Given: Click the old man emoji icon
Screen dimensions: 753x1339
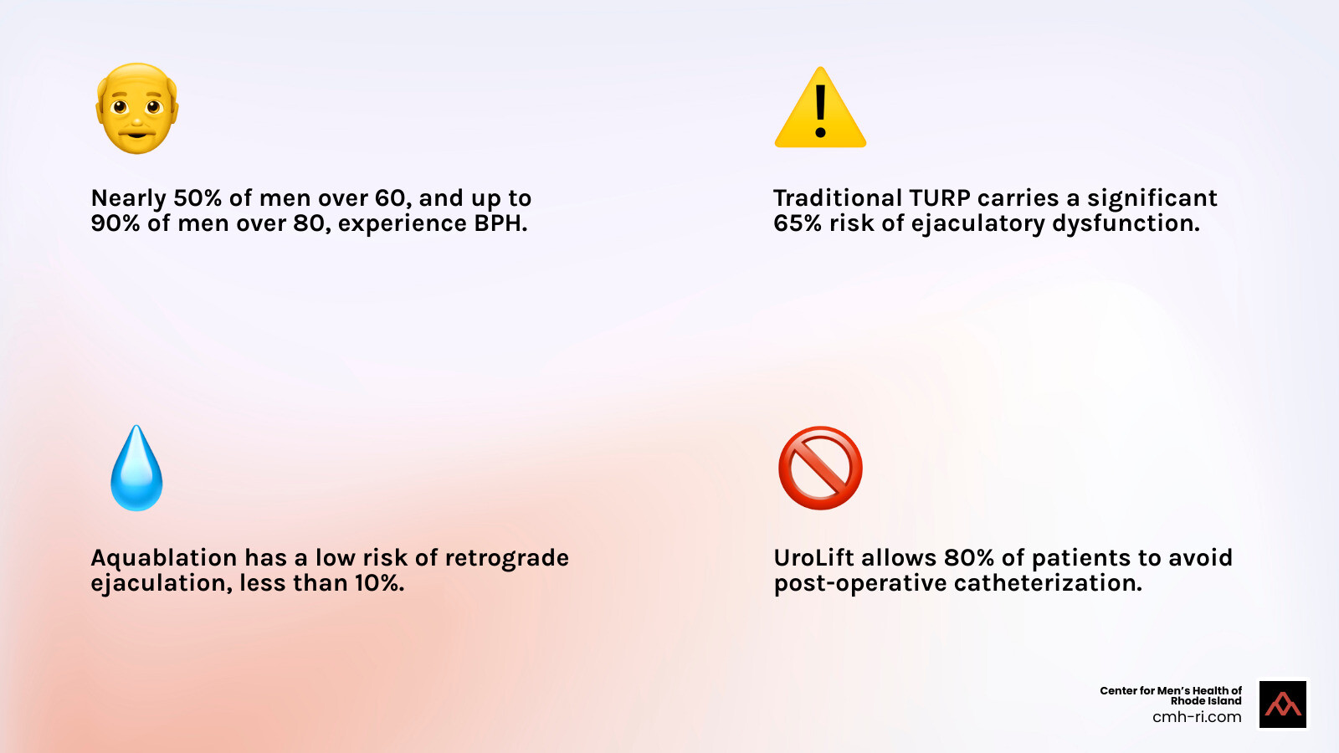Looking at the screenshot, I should coord(136,108).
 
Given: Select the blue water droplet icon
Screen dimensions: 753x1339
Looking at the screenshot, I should coord(136,469).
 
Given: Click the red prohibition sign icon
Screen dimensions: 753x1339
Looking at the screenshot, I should coord(820,468).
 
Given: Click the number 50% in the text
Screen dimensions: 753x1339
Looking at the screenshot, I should coord(198,198).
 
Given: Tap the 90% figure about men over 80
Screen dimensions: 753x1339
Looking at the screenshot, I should coord(115,223).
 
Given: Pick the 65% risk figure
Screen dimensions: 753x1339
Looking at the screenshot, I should coord(798,223).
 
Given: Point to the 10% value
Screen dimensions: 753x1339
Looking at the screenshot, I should coord(379,583).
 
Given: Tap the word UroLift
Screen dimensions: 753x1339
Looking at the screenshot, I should coord(813,558).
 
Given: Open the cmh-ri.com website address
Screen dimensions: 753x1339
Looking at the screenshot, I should coord(1197,717).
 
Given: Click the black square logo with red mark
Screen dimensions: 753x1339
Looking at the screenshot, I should coord(1283,704).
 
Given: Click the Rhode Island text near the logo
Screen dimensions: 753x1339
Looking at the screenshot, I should coord(1205,701).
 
